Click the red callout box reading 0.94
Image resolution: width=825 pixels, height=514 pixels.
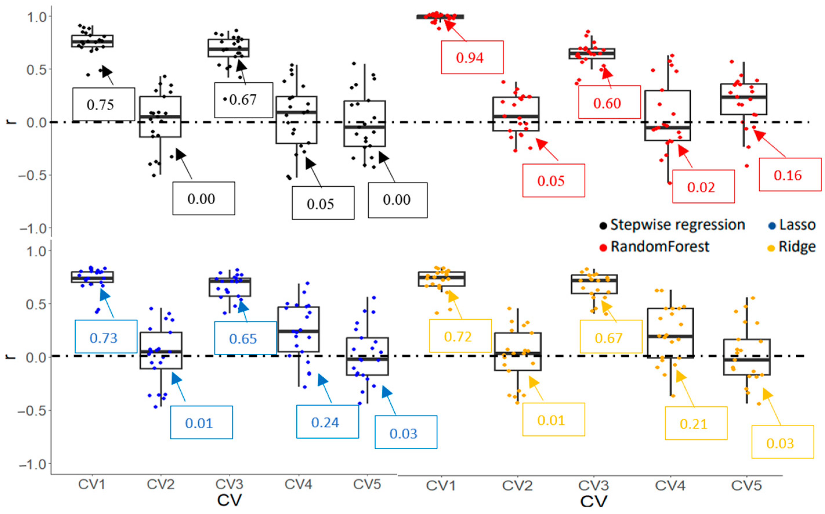tap(472, 57)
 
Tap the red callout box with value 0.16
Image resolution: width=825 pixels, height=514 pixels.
tap(790, 174)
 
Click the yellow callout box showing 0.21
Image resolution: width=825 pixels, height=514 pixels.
tap(696, 423)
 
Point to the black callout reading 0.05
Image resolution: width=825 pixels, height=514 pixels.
tap(323, 203)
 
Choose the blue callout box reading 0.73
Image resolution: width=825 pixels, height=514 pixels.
tap(106, 337)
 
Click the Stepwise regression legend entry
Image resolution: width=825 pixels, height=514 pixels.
tap(672, 225)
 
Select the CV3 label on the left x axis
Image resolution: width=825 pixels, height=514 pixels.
tap(229, 484)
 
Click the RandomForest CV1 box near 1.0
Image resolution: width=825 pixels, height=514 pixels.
tap(440, 17)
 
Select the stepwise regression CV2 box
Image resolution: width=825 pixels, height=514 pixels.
tap(160, 117)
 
